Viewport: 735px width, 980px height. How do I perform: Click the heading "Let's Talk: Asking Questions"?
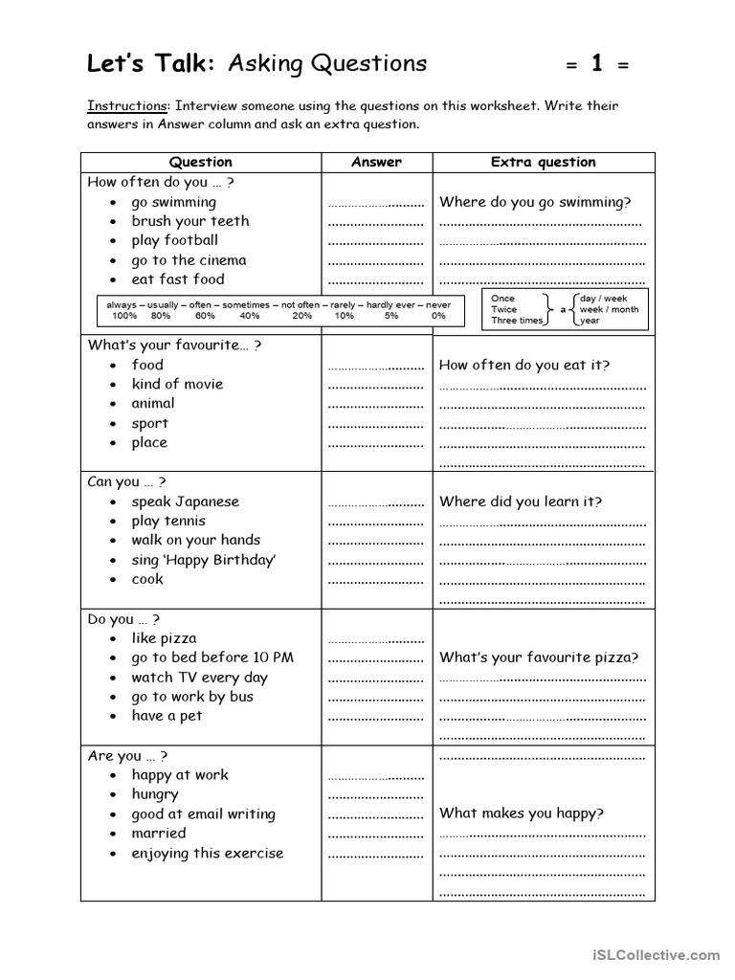256,64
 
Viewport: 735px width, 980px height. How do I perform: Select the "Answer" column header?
376,162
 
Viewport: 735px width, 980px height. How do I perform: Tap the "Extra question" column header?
543,162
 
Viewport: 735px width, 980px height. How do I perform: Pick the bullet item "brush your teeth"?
189,221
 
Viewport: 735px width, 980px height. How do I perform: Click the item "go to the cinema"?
189,260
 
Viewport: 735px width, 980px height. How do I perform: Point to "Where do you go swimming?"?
535,202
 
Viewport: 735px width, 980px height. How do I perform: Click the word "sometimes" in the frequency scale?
246,303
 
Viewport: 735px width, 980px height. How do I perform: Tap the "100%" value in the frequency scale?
124,315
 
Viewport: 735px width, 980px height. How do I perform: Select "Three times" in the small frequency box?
517,321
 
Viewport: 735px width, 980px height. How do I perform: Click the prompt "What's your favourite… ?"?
174,345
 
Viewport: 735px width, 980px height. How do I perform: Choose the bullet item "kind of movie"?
177,384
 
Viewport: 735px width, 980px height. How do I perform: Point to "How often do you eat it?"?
524,365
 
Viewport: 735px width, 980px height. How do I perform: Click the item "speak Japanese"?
185,501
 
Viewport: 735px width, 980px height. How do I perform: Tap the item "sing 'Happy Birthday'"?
203,560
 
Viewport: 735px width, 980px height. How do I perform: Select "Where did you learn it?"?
521,501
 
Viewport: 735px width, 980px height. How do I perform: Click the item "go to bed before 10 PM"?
212,657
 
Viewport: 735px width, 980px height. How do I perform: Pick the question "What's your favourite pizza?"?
539,657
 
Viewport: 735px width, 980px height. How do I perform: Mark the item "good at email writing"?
203,814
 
